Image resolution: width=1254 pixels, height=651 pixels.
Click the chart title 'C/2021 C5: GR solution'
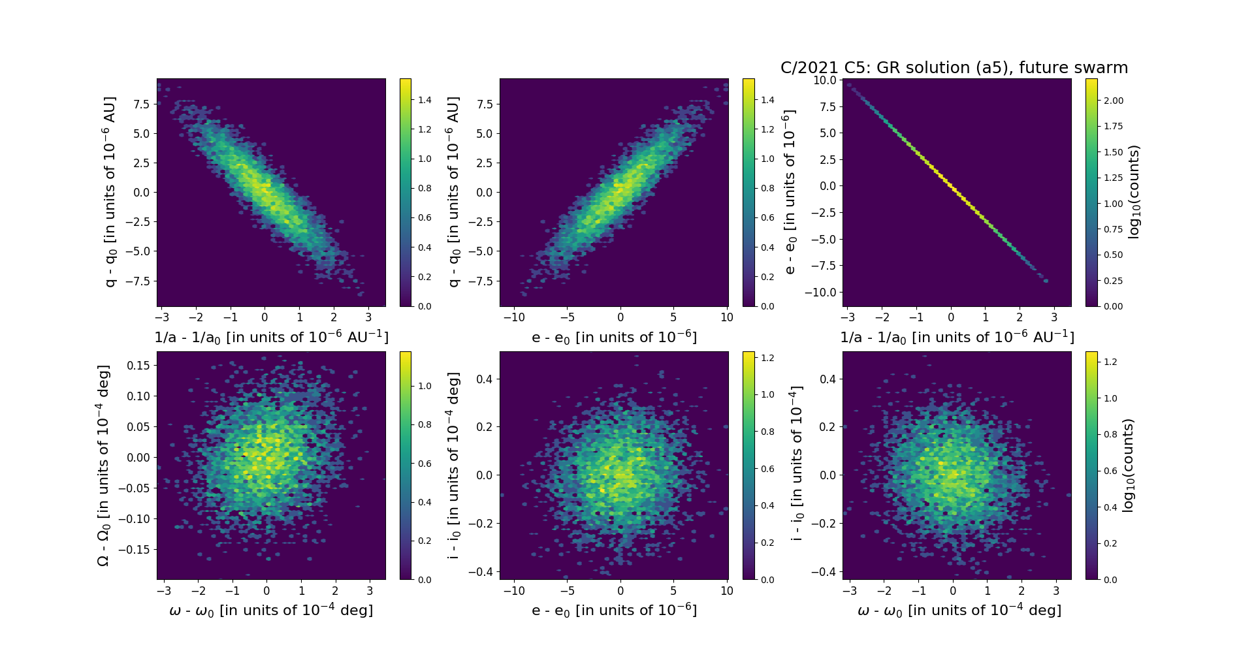tap(954, 68)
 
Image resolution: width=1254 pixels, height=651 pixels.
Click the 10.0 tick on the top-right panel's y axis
tap(824, 80)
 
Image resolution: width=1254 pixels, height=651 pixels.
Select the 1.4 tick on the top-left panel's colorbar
tap(425, 100)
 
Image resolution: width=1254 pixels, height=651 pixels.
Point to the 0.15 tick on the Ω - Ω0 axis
tap(137, 366)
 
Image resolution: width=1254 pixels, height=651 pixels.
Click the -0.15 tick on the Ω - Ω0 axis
tap(135, 550)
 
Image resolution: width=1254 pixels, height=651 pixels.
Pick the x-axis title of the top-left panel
tap(271, 338)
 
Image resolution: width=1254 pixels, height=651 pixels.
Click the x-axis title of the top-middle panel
tap(614, 338)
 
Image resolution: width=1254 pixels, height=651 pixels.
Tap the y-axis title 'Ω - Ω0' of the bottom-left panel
tap(103, 466)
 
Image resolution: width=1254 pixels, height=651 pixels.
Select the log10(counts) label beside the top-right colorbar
tap(1134, 192)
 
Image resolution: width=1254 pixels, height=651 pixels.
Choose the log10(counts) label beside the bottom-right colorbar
tap(1127, 466)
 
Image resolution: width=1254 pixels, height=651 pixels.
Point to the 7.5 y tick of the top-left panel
tap(142, 104)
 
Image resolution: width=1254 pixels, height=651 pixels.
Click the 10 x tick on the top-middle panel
tap(727, 317)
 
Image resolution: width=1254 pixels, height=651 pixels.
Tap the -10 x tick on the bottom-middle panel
tap(515, 591)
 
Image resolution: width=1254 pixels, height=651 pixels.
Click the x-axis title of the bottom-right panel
tap(959, 611)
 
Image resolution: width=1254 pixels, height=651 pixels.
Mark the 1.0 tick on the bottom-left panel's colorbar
tap(425, 386)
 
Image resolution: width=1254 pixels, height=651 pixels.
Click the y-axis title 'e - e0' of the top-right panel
tap(790, 192)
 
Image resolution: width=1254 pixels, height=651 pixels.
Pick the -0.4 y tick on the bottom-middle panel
tap(480, 572)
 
